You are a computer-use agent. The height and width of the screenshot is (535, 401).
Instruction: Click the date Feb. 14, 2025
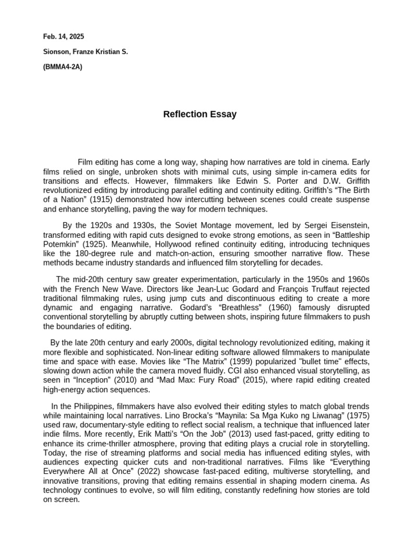[63, 37]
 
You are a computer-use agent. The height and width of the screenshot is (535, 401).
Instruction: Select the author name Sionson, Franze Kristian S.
[85, 52]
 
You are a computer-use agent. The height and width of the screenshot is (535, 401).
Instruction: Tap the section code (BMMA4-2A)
[63, 67]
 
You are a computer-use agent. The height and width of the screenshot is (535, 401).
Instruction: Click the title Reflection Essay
[199, 114]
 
